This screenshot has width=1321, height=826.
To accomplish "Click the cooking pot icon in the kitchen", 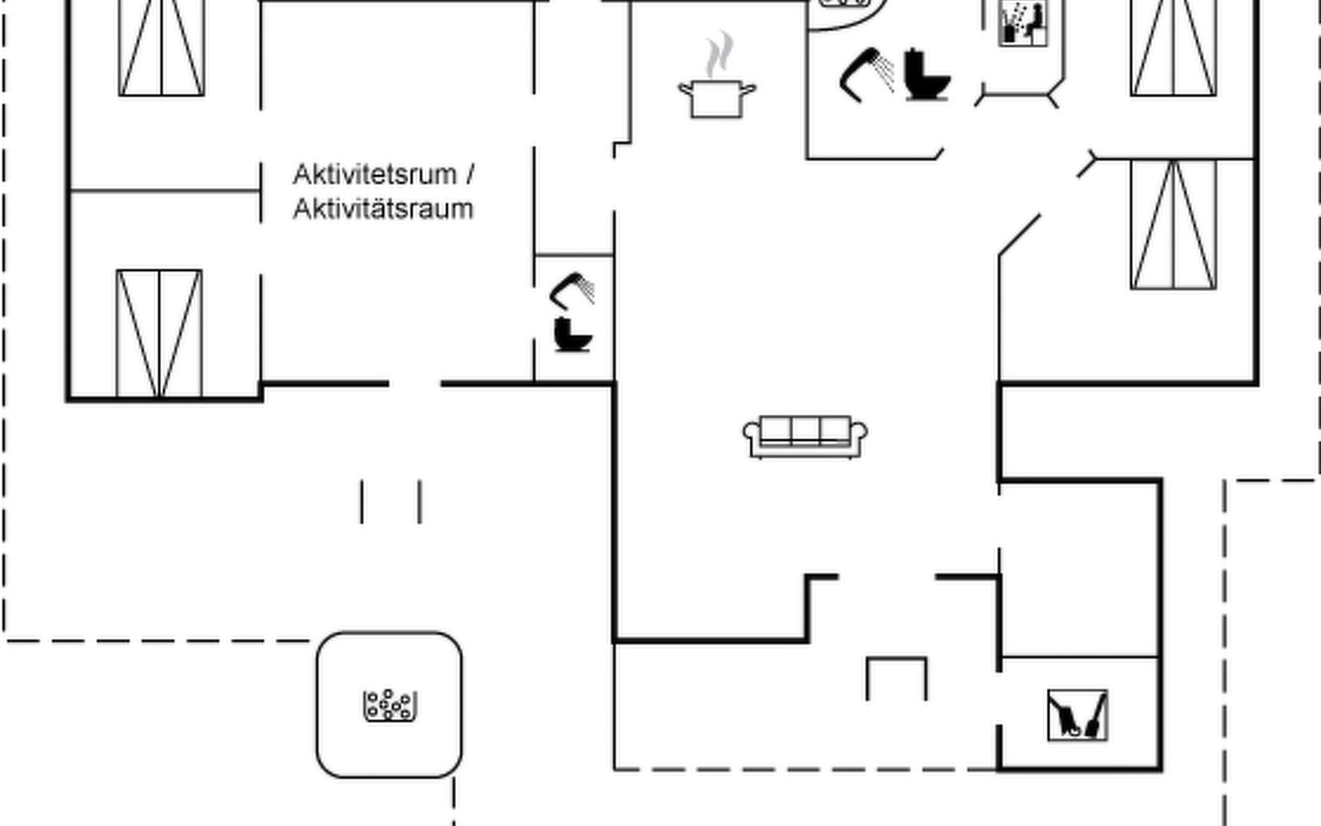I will click(717, 99).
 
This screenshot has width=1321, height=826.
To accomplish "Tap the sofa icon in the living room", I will click(805, 436).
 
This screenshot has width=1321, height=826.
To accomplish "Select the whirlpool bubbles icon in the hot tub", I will click(389, 705).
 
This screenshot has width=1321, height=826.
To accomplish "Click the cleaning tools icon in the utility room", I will click(1077, 715).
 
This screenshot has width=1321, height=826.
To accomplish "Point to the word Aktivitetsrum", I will click(375, 175).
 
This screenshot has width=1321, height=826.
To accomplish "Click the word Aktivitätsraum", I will click(383, 209).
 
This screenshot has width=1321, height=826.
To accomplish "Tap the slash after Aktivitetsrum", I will click(470, 175).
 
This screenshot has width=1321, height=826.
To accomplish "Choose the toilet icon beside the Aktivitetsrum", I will click(572, 335).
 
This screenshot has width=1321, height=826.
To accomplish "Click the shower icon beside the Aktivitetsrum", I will click(573, 290).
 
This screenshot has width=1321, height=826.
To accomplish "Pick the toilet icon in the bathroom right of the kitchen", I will click(926, 75).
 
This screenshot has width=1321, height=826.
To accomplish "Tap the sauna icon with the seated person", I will click(1023, 22).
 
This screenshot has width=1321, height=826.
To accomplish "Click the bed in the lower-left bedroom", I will click(159, 333).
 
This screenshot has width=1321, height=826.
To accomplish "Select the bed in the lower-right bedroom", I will click(1173, 224).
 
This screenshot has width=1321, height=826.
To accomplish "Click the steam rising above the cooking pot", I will click(719, 54).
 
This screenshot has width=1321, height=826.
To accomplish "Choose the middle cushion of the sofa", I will click(805, 430).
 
